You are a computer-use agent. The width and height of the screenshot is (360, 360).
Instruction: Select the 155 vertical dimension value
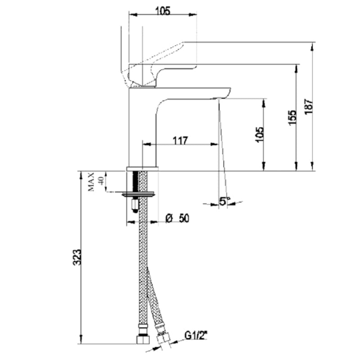[293, 118]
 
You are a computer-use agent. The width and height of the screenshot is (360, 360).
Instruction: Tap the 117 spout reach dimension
[180, 140]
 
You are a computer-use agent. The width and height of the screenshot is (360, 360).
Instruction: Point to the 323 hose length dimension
[77, 256]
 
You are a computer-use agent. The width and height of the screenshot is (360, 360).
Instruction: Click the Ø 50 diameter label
[177, 218]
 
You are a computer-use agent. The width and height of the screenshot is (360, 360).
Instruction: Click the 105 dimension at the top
[163, 11]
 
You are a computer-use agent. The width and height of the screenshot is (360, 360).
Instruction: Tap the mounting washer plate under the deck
[138, 194]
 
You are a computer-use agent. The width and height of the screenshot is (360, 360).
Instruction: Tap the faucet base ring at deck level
[143, 168]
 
